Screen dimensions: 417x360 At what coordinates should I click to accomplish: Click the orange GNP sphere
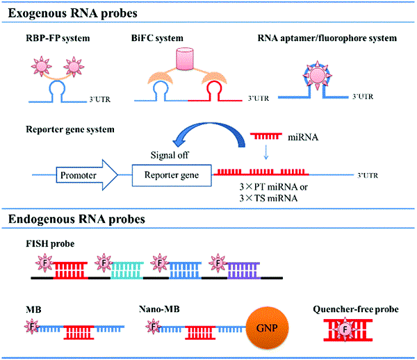(267, 328)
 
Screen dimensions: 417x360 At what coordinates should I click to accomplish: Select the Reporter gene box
(172, 175)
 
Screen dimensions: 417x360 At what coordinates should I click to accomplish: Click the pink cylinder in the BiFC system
(185, 59)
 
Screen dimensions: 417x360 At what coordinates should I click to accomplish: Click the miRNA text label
(303, 137)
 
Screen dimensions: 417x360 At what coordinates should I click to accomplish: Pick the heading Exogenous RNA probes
(72, 13)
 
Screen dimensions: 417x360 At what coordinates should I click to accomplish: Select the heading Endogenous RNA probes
(76, 219)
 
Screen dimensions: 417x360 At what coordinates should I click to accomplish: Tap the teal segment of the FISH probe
(127, 270)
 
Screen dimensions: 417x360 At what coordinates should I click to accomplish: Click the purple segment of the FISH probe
(244, 270)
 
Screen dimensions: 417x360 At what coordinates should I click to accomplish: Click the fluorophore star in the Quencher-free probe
(345, 329)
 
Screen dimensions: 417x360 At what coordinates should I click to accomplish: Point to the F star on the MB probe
(32, 326)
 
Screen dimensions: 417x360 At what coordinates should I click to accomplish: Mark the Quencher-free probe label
(356, 309)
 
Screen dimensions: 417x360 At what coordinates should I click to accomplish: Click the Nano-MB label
(159, 309)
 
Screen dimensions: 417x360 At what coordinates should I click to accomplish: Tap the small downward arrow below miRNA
(265, 152)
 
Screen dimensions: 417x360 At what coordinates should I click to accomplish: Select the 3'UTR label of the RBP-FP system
(99, 99)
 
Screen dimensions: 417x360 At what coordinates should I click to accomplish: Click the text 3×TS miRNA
(268, 198)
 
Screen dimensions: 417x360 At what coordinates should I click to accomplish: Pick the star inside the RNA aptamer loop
(318, 75)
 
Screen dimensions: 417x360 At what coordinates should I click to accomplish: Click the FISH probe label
(50, 243)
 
